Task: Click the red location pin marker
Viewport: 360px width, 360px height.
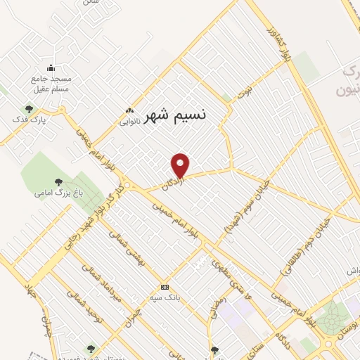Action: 181,165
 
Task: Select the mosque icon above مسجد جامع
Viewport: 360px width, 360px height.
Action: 51,68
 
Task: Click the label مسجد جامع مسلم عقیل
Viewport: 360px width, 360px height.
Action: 51,84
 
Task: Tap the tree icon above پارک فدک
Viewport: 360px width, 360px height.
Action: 29,109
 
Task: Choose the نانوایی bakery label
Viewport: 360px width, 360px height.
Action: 129,121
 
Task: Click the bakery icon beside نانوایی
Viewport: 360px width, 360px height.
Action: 129,110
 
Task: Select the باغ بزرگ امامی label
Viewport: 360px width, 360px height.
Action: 58,192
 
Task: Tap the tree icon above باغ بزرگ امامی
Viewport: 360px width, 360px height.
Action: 58,181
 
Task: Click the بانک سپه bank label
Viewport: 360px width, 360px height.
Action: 165,297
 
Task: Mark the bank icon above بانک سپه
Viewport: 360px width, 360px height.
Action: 165,287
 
